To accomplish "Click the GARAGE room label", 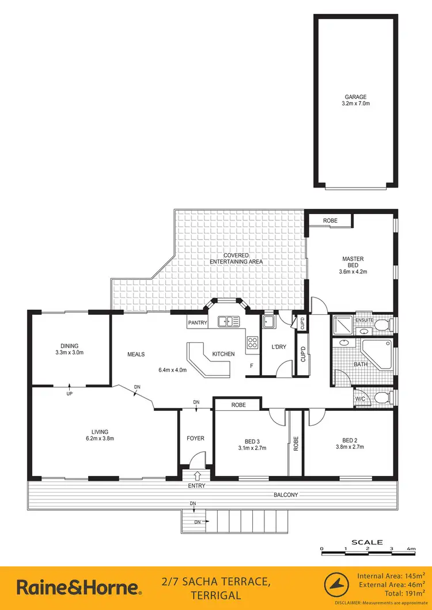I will (x=356, y=97).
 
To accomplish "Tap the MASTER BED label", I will (x=353, y=262).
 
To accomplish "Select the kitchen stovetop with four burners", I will (x=252, y=343).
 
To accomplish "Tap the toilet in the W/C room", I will (x=381, y=397).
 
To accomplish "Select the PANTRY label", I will (x=198, y=323).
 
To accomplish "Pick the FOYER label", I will (x=195, y=439).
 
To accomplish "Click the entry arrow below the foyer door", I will (x=198, y=475).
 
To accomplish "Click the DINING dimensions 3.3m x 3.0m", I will (x=70, y=352).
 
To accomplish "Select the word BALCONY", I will (x=286, y=495).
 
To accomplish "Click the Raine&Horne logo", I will (x=78, y=588).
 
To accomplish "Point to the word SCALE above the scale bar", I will (x=367, y=542).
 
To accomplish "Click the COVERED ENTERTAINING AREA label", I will (x=236, y=258).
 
